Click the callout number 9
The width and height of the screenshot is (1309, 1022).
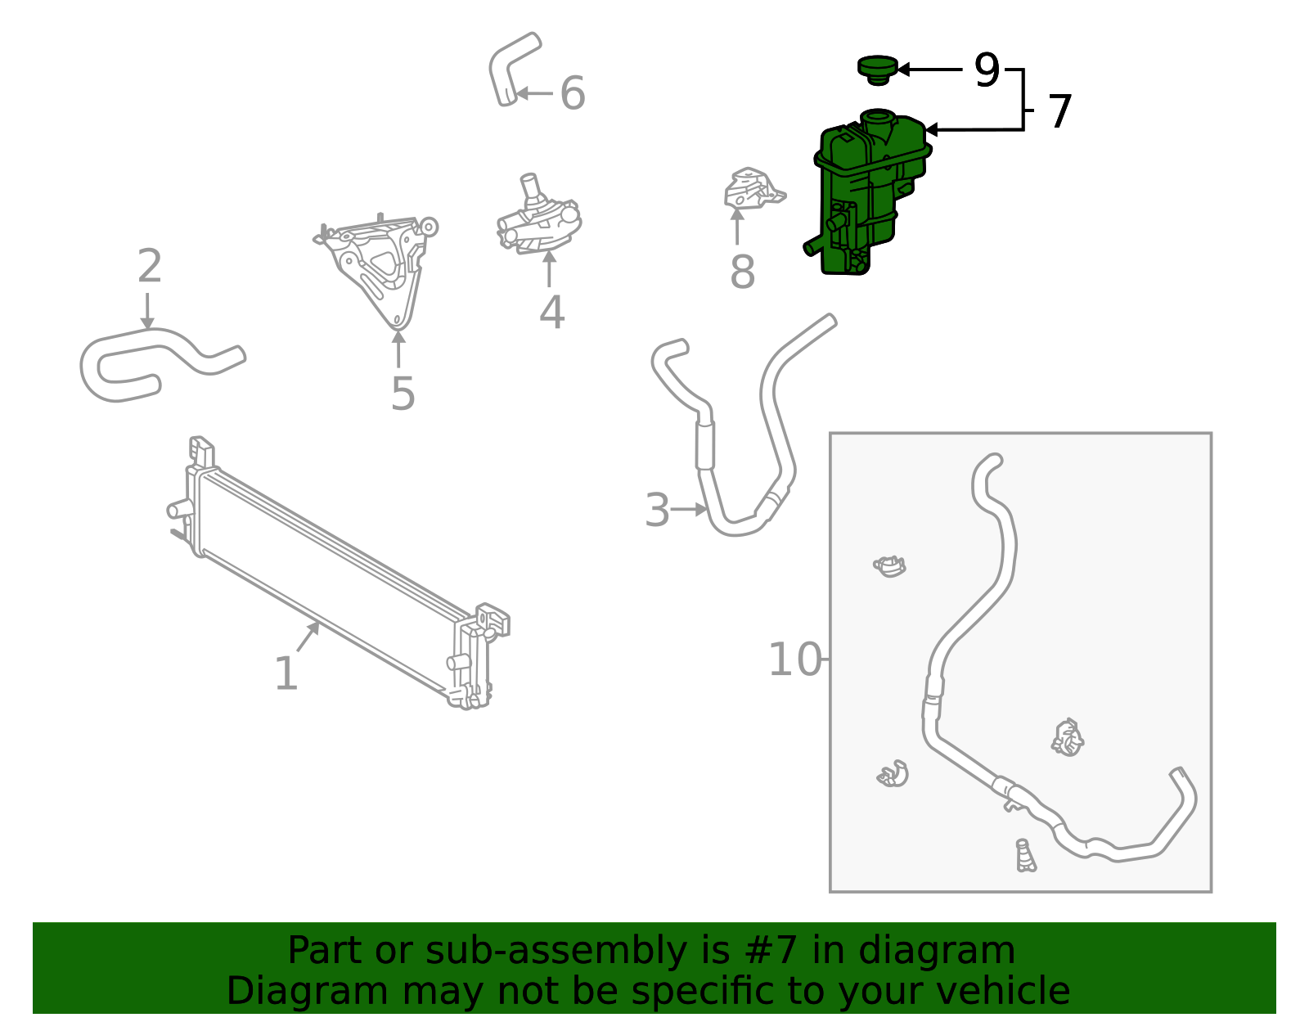tap(987, 70)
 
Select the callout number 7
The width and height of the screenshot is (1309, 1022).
tap(1060, 110)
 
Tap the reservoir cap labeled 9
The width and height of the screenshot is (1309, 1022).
tap(878, 70)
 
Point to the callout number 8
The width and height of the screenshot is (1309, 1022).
tap(742, 272)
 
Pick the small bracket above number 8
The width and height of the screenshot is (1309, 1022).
tap(753, 188)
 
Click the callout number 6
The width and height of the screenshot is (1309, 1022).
tap(572, 93)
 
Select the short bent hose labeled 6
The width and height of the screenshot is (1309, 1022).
tap(514, 69)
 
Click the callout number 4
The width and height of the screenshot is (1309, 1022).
tap(551, 313)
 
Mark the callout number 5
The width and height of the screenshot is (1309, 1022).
tap(403, 394)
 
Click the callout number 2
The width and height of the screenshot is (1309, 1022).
tap(150, 266)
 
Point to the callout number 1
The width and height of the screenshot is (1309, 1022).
tap(286, 673)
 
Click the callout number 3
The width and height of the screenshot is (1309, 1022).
tap(657, 510)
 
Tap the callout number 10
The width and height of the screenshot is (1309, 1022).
tap(794, 660)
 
